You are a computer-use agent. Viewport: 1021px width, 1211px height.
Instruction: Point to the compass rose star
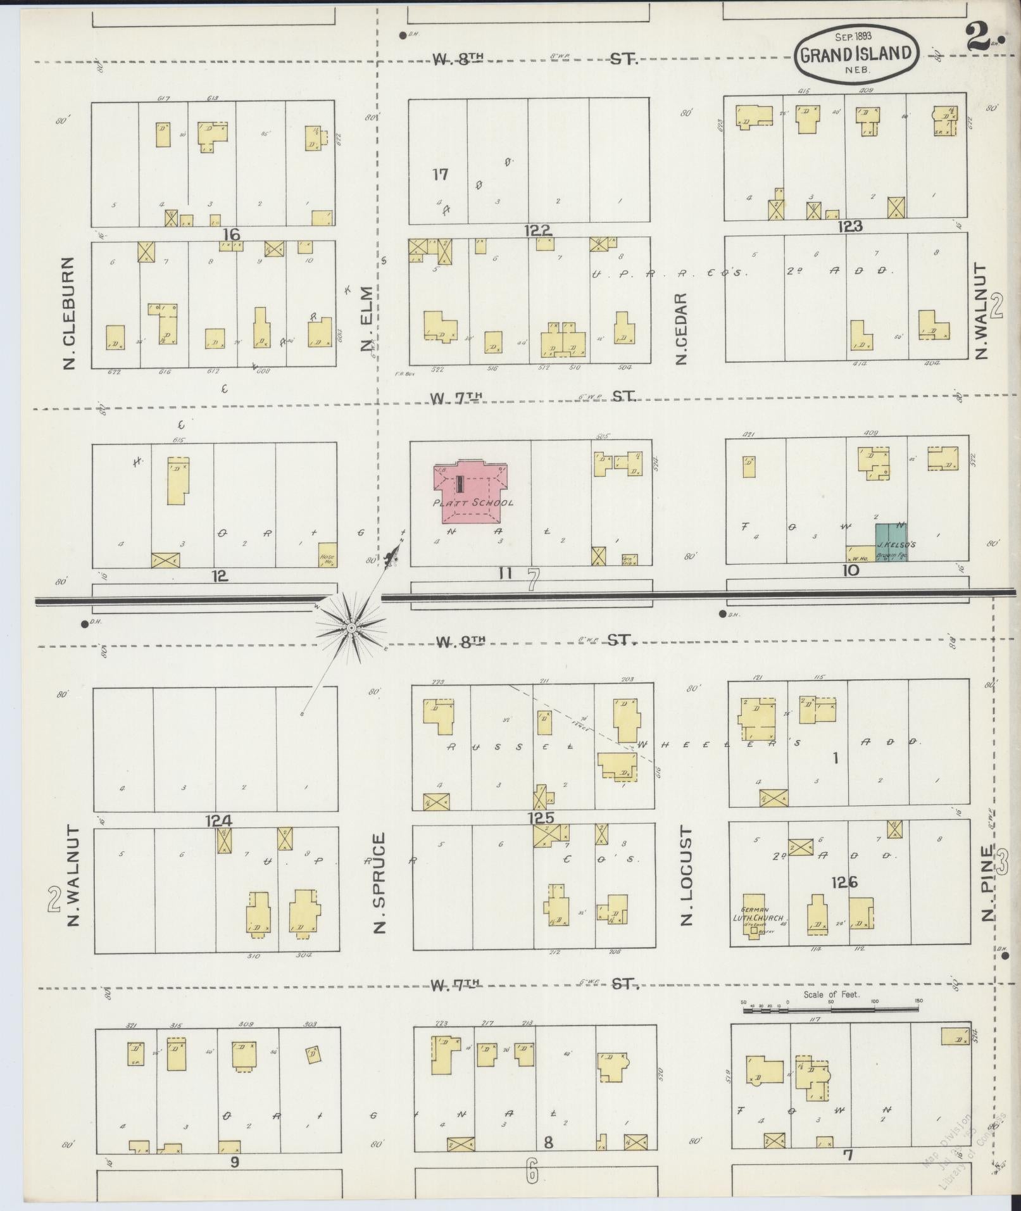[x=350, y=627]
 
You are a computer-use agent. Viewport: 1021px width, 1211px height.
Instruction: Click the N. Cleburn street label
[x=69, y=313]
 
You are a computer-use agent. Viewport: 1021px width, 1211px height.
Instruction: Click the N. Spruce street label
[x=379, y=884]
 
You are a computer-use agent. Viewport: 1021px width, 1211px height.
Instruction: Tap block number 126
[x=844, y=881]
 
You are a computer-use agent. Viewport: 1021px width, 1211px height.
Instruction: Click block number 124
[x=218, y=820]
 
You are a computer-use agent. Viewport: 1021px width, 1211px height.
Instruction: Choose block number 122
[x=537, y=230]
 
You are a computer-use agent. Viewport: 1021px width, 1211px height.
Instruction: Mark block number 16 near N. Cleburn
[x=231, y=235]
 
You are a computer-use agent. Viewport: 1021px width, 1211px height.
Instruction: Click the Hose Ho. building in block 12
[x=327, y=555]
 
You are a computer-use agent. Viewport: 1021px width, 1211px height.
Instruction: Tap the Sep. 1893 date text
[x=853, y=37]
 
